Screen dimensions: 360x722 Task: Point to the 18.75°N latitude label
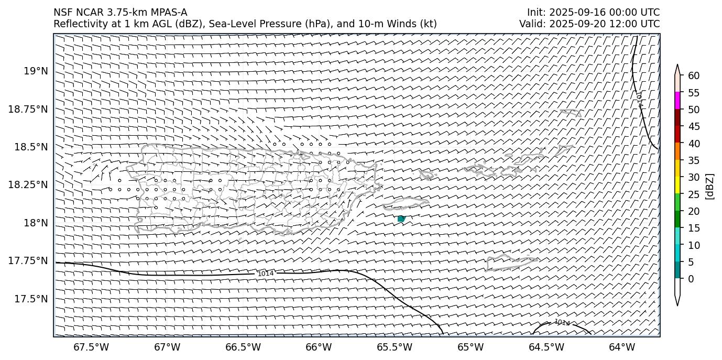29,109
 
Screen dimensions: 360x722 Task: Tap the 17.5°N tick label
32,299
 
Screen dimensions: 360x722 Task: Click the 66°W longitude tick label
319,347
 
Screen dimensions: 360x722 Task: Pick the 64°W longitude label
622,347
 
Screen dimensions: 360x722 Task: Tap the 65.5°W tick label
395,347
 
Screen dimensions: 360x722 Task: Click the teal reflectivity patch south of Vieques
401,219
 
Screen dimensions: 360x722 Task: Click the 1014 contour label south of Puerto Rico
266,274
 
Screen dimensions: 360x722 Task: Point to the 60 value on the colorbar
694,76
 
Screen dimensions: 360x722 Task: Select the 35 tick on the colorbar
694,160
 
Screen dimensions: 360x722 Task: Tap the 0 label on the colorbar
691,279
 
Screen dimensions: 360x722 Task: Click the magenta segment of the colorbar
677,100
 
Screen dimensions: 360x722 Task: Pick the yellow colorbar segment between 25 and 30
677,184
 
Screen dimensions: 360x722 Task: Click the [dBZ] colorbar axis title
710,186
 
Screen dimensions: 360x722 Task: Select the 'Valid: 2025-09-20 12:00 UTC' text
589,24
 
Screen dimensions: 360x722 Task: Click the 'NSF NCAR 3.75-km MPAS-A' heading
120,13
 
